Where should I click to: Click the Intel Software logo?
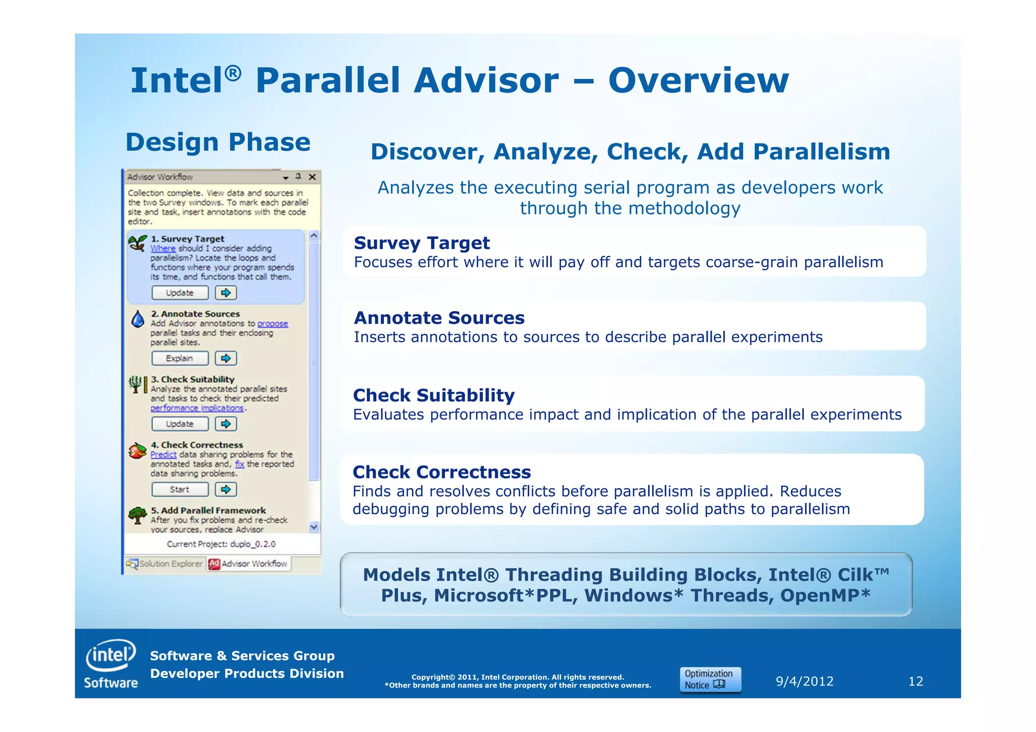pos(111,664)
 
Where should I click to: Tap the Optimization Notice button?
pos(710,679)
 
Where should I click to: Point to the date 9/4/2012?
pos(804,681)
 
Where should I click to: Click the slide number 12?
pos(916,681)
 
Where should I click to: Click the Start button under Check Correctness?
pos(180,489)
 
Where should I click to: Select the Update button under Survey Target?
pos(180,293)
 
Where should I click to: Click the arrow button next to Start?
pos(226,489)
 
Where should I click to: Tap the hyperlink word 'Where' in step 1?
pos(163,248)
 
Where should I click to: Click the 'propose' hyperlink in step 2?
pos(273,324)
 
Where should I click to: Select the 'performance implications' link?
pos(197,408)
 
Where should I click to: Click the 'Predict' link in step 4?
pos(163,454)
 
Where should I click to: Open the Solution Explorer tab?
pos(165,564)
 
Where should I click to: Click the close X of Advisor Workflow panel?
pos(312,177)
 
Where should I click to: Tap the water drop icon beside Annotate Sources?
pos(138,319)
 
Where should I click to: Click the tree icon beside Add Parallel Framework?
pos(137,515)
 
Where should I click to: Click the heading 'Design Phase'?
pos(218,142)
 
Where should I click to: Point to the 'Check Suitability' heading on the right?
pos(434,395)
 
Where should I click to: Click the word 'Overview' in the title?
pos(698,81)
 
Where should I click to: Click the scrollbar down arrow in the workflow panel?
pos(314,527)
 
